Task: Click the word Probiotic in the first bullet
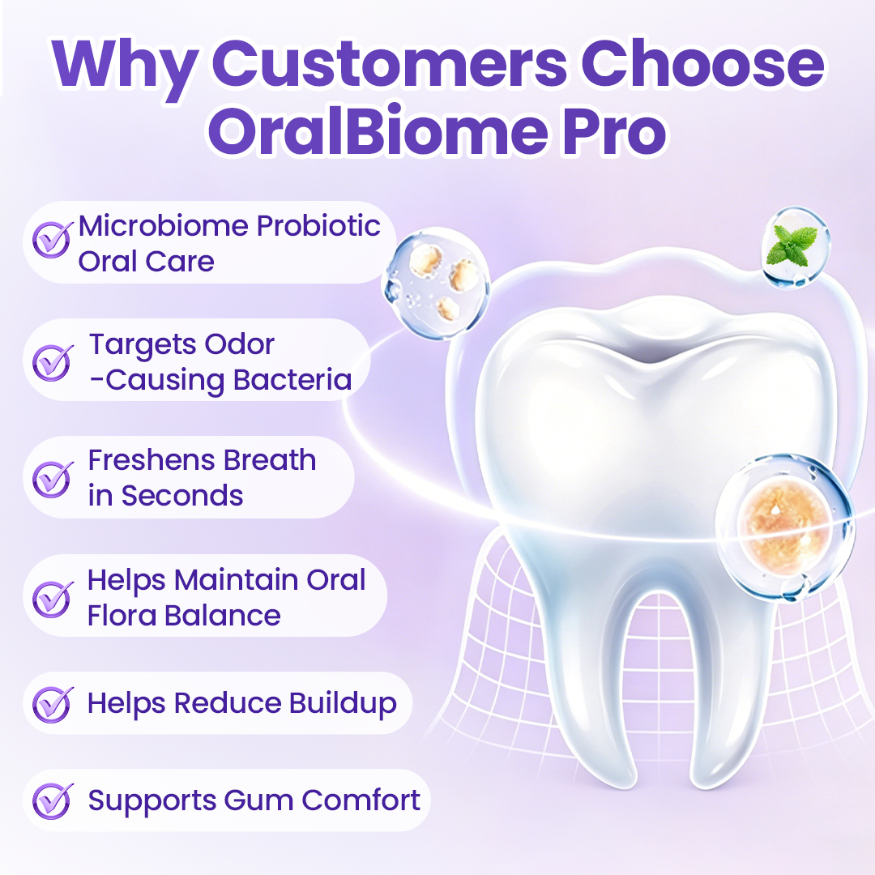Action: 318,227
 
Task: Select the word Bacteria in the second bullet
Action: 292,380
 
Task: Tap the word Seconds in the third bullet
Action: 182,496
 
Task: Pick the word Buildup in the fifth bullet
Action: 343,704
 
